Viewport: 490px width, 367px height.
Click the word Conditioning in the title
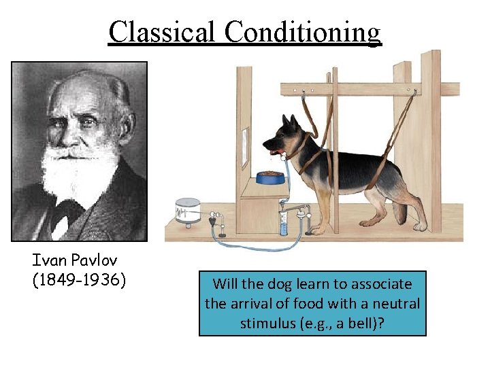(x=303, y=32)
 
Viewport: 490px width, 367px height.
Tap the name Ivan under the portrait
(x=48, y=260)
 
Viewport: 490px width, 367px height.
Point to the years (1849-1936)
(x=79, y=279)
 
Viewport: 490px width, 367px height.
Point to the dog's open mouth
(x=272, y=150)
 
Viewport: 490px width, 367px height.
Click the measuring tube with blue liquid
(x=283, y=222)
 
